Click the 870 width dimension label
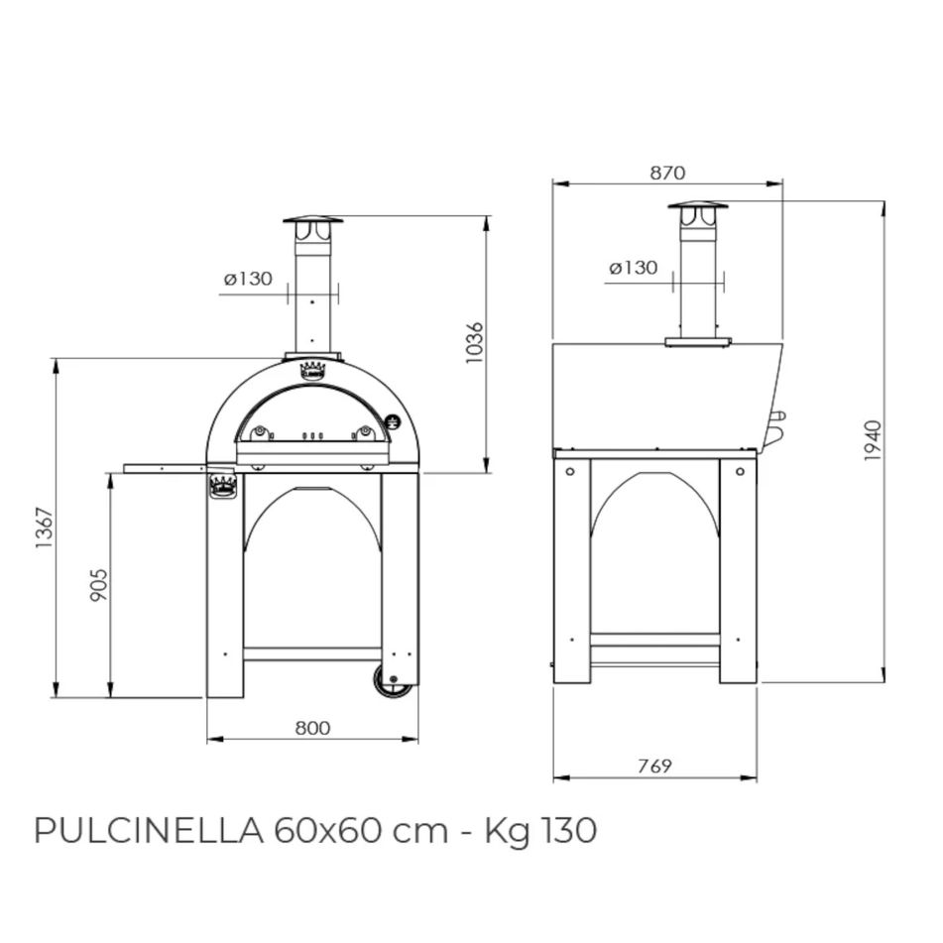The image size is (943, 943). [x=667, y=173]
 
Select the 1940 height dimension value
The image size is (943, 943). [x=872, y=441]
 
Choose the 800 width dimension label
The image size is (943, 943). [x=312, y=728]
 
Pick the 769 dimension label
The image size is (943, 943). [x=654, y=765]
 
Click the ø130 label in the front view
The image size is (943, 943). [x=247, y=279]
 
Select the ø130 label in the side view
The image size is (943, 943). [x=633, y=267]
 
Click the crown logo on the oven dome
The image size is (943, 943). [x=312, y=371]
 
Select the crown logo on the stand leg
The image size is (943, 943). [x=223, y=486]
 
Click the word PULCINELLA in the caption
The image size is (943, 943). [x=148, y=830]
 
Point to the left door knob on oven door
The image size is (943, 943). [x=260, y=431]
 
